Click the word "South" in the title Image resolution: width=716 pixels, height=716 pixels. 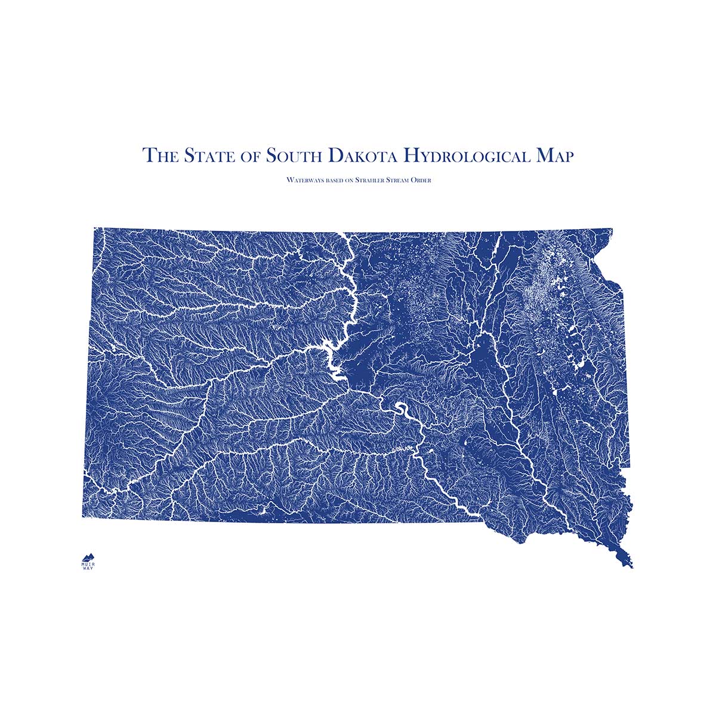294,156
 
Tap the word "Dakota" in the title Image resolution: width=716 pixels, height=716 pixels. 362,156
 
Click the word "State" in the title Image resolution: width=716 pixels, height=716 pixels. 206,156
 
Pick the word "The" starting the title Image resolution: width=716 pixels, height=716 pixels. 160,156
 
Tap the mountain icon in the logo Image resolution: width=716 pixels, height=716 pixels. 88,556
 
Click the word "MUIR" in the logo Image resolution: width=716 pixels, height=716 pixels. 88,563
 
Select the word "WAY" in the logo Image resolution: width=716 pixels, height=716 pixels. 88,567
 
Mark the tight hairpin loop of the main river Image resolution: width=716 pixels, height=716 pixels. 400,410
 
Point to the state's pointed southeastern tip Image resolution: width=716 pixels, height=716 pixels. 631,566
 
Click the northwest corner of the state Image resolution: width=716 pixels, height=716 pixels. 94,229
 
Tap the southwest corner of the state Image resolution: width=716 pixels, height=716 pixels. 83,516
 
